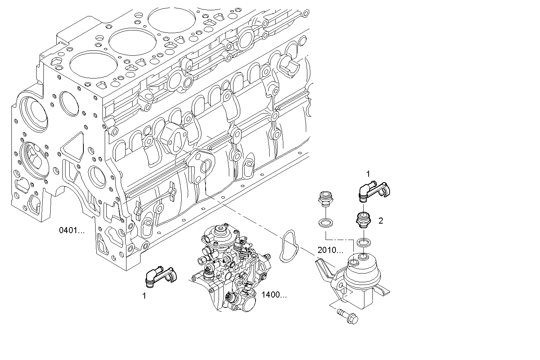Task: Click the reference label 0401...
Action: (x=72, y=230)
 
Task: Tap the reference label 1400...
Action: (x=274, y=294)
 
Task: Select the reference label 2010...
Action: (x=330, y=250)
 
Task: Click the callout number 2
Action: (x=380, y=221)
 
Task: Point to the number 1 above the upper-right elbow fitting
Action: (x=368, y=174)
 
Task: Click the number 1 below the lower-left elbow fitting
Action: (x=144, y=296)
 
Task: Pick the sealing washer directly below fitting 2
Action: (x=363, y=242)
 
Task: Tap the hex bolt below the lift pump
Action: (x=348, y=316)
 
